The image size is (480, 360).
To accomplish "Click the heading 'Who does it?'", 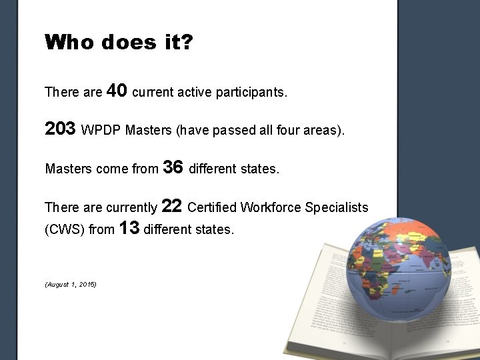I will click(x=119, y=43).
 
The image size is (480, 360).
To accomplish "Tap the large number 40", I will click(x=117, y=90).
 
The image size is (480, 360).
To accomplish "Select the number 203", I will click(x=60, y=129).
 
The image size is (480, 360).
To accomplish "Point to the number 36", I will click(x=173, y=167).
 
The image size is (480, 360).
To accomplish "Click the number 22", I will click(x=172, y=206).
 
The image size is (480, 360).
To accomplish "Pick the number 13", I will click(x=129, y=229).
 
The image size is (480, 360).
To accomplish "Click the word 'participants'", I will click(x=251, y=93).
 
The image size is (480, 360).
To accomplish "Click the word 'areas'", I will click(x=324, y=131).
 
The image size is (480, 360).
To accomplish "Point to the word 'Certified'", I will click(x=212, y=208).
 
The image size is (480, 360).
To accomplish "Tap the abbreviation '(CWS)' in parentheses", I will click(x=65, y=231).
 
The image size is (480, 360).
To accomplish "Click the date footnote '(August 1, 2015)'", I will click(x=71, y=285).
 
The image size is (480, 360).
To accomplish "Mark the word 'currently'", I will click(x=131, y=208).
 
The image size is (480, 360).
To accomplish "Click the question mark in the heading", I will click(x=187, y=43).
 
